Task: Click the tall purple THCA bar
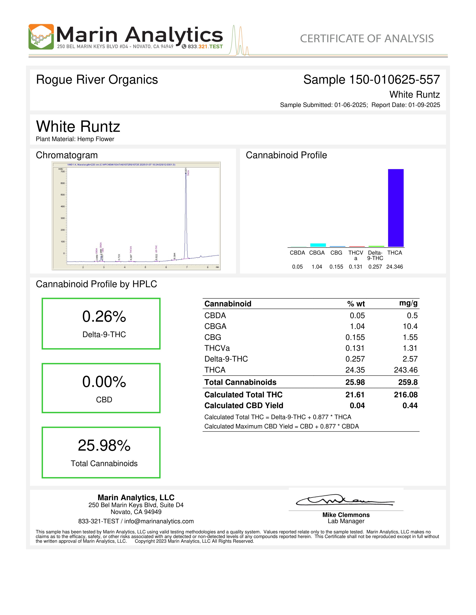[x=396, y=208]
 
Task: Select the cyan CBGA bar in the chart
[x=318, y=245]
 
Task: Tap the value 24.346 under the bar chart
[x=394, y=267]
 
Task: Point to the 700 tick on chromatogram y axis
[x=63, y=171]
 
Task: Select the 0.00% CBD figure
[x=104, y=382]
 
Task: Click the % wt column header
[x=356, y=304]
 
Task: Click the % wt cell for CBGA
[x=357, y=326]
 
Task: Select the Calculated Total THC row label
[x=243, y=395]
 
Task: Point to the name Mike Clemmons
[x=346, y=515]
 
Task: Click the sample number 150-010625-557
[x=394, y=80]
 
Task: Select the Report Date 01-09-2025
[x=424, y=105]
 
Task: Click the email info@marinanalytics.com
[x=159, y=521]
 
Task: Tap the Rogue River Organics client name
[x=97, y=80]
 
